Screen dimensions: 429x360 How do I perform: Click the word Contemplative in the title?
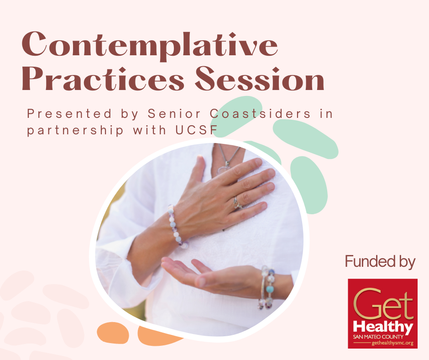pos(150,44)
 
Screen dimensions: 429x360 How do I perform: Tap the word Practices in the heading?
pos(103,79)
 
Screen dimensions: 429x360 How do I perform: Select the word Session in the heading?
pos(260,79)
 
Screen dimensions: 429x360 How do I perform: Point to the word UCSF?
pos(196,130)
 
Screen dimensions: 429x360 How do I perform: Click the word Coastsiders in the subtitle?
pos(260,114)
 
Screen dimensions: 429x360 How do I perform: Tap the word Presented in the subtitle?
pos(69,114)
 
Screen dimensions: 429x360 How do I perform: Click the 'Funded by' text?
pos(380,261)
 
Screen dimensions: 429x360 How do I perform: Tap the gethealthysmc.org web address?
pos(392,343)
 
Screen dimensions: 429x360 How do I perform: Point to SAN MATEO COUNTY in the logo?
pos(378,337)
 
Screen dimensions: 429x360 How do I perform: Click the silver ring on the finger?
pos(237,203)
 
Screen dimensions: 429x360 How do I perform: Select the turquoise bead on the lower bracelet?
pos(270,289)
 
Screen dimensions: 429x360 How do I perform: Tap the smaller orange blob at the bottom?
pos(113,333)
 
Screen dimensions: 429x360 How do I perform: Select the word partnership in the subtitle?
pos(75,130)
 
